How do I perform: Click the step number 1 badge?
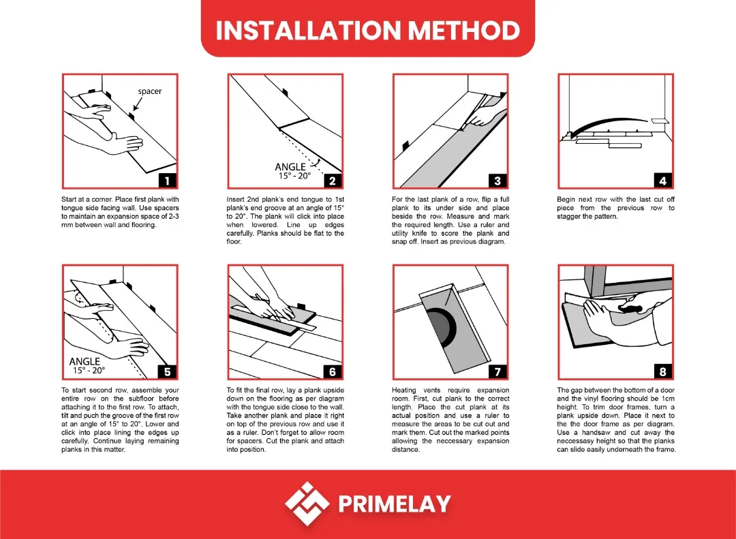tap(167, 181)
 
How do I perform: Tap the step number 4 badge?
tap(663, 181)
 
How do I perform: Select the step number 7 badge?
tap(498, 371)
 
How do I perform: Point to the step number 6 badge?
tap(333, 371)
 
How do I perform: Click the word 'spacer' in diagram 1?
tap(150, 91)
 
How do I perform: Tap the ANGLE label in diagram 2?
tap(290, 167)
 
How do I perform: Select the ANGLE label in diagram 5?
tap(85, 361)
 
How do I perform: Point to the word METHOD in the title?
tap(463, 31)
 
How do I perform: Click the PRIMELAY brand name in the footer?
tap(395, 504)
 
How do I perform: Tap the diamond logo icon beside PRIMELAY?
tap(307, 504)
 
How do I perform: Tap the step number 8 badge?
tap(663, 371)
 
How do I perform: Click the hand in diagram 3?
tap(485, 118)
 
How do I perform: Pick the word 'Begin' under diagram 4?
tap(568, 199)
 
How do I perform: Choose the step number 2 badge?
tap(333, 181)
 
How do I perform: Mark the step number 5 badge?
tap(167, 371)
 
